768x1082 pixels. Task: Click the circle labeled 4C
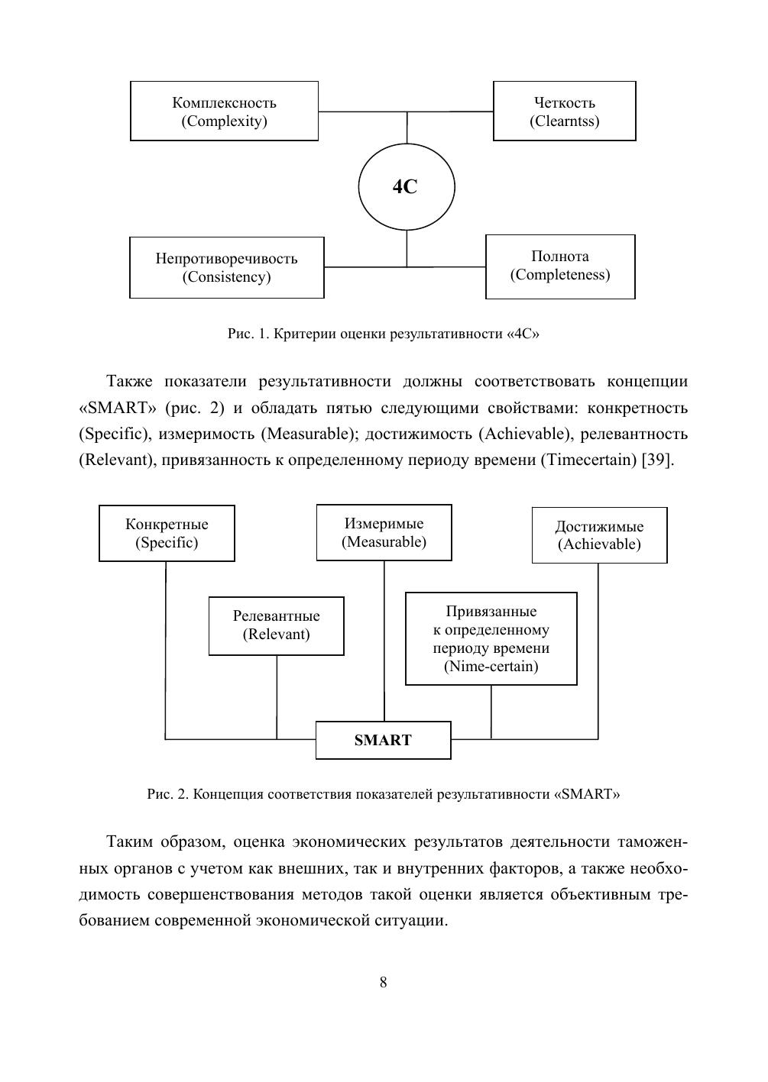pyautogui.click(x=407, y=186)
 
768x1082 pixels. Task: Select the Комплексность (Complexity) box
pyautogui.click(x=224, y=111)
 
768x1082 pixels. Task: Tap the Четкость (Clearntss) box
pyautogui.click(x=564, y=111)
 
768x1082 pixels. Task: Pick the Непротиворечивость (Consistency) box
pyautogui.click(x=226, y=267)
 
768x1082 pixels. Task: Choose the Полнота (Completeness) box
pyautogui.click(x=560, y=266)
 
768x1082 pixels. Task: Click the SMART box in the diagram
pyautogui.click(x=383, y=740)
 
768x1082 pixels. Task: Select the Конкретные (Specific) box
pyautogui.click(x=167, y=533)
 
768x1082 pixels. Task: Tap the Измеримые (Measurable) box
pyautogui.click(x=384, y=532)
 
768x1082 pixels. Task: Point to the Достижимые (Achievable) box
pyautogui.click(x=599, y=535)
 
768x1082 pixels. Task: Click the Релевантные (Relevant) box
pyautogui.click(x=276, y=625)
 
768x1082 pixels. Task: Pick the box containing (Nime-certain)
pyautogui.click(x=491, y=639)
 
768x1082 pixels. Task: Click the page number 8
pyautogui.click(x=383, y=982)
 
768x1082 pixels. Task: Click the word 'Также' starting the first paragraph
pyautogui.click(x=130, y=381)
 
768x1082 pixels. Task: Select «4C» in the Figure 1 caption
pyautogui.click(x=523, y=334)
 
